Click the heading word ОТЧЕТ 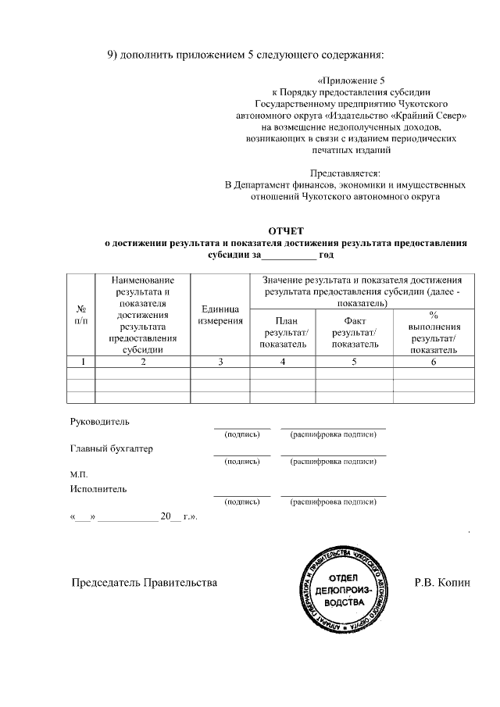[287, 232]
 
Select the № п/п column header [80, 315]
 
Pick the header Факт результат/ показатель [354, 332]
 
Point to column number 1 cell [80, 361]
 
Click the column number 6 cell [433, 361]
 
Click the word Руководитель [100, 422]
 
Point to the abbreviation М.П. [79, 475]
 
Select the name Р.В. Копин [442, 583]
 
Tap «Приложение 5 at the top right [352, 81]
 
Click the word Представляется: [345, 173]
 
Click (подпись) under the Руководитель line [241, 434]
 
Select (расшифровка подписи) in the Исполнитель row [333, 502]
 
